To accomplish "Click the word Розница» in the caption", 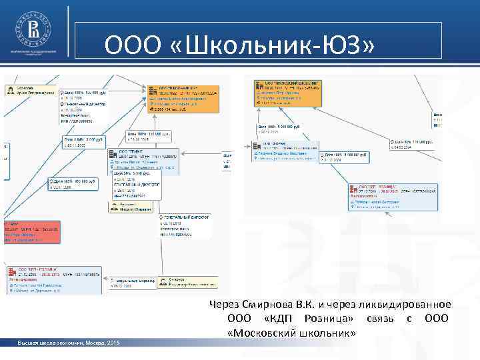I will (326, 318).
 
